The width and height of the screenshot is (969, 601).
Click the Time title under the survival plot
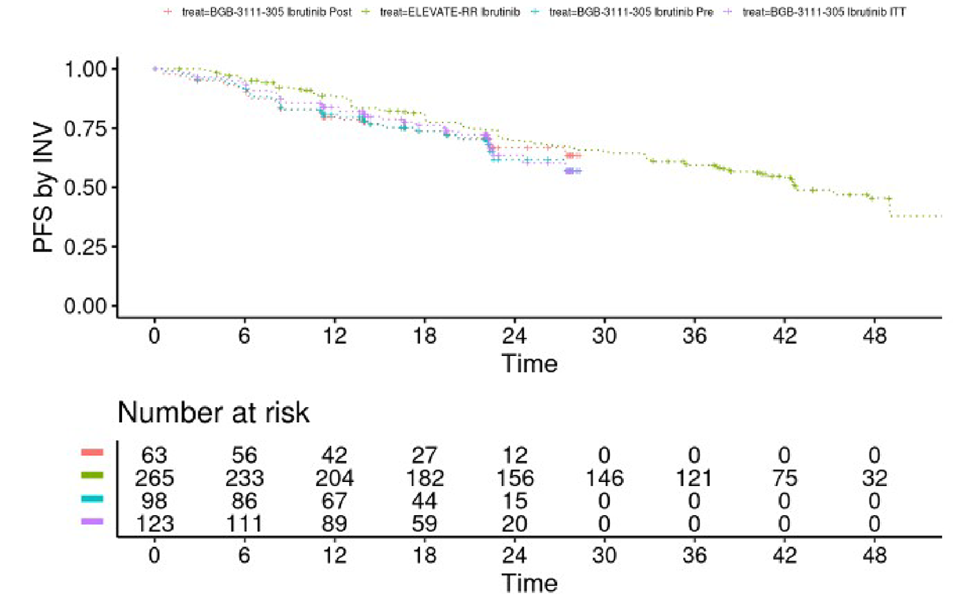pos(529,364)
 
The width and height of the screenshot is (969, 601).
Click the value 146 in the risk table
pos(604,478)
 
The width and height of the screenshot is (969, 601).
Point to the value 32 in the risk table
pos(874,478)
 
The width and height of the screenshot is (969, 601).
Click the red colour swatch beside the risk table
pos(93,452)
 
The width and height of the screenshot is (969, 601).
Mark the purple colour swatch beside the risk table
pos(93,520)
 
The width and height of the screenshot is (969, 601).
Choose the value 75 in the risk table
pos(785,478)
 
